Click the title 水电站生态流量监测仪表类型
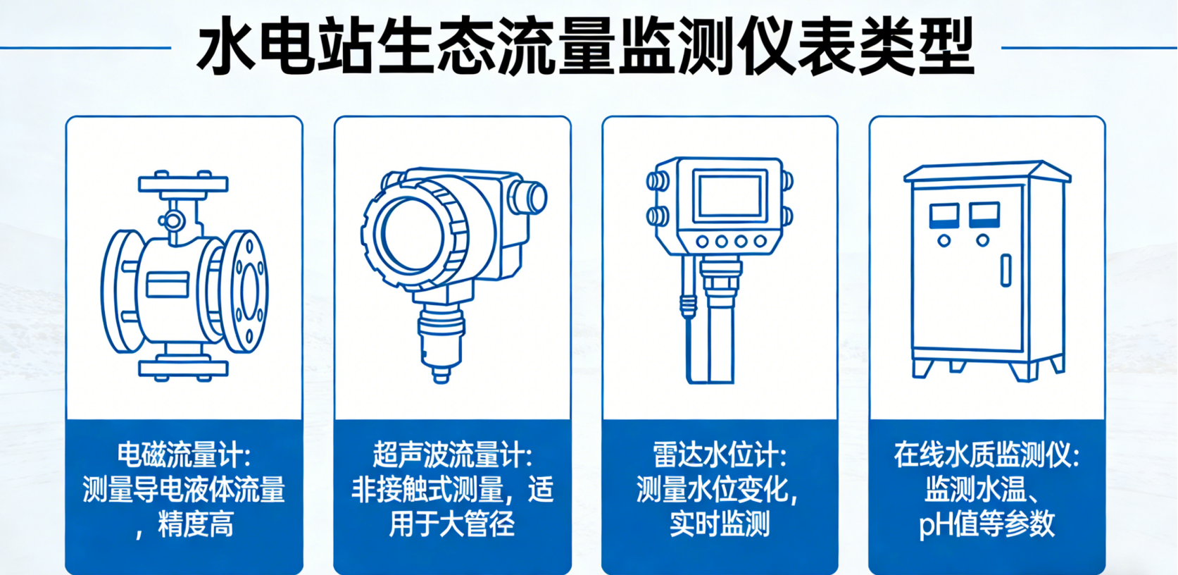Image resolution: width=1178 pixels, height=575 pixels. point(586,48)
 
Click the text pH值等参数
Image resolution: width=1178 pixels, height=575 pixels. point(986,524)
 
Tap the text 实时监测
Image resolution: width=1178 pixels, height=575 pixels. point(719,524)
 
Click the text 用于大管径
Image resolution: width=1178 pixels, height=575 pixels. point(452,524)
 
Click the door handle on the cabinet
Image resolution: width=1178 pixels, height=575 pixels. point(1006,270)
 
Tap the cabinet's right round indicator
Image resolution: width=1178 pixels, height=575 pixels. point(982,240)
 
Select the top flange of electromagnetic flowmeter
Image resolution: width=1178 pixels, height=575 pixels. point(182,185)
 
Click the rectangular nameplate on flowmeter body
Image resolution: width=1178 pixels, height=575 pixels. point(168,285)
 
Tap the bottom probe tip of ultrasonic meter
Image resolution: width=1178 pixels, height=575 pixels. point(441,375)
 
